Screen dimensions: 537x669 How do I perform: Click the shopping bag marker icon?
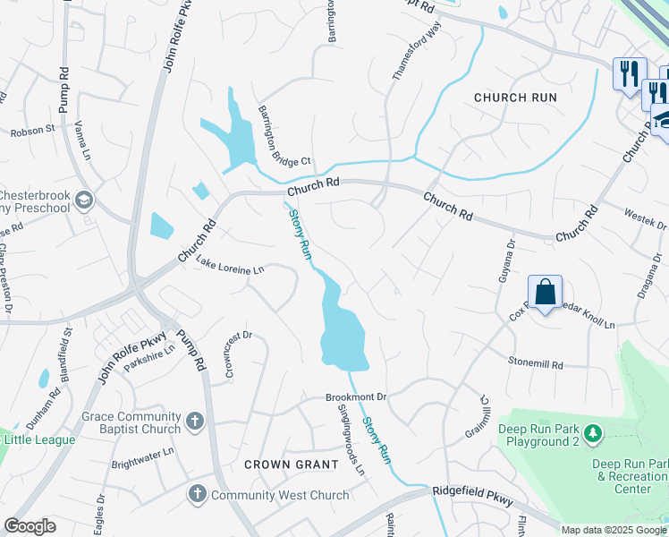(x=545, y=292)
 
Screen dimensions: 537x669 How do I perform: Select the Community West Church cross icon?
(x=197, y=494)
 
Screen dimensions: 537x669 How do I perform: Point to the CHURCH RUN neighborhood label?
(x=515, y=98)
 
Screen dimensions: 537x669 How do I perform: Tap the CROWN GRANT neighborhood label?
(x=292, y=465)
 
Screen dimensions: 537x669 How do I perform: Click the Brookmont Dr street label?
(x=355, y=396)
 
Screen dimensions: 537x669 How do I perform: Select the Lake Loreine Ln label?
(x=231, y=266)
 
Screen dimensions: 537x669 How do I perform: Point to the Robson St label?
(x=32, y=131)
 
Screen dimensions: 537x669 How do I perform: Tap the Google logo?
(x=30, y=526)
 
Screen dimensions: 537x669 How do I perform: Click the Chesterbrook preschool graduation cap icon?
(x=85, y=198)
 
